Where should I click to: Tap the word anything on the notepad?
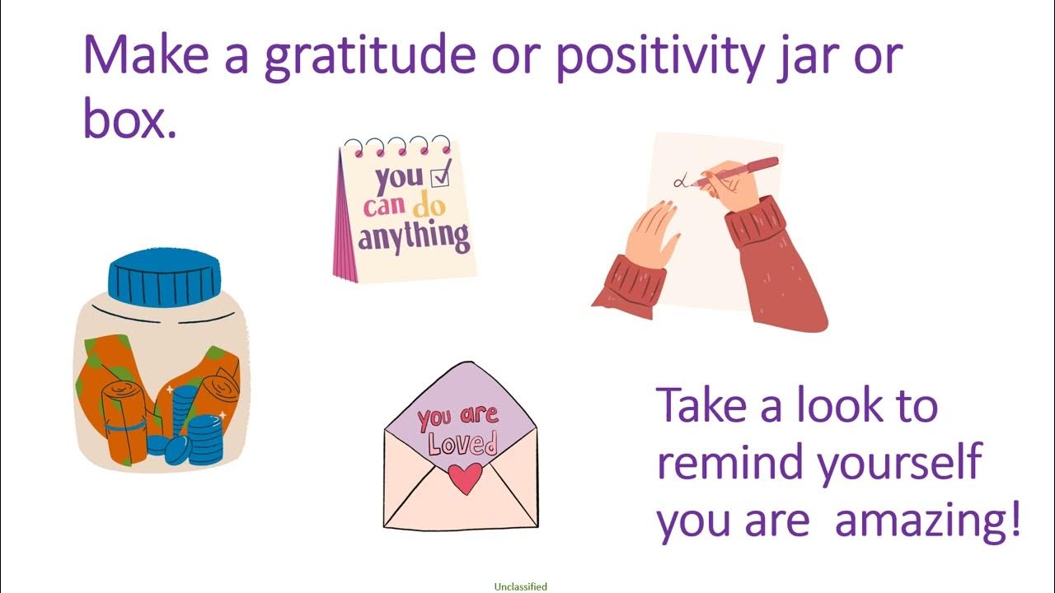click(x=414, y=236)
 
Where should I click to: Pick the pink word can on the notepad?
click(x=383, y=205)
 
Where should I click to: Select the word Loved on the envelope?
click(x=462, y=445)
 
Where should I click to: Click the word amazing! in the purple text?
click(x=927, y=521)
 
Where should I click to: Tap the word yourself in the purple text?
click(x=900, y=463)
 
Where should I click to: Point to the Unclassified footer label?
click(x=520, y=587)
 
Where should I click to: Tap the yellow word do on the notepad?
click(x=429, y=205)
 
